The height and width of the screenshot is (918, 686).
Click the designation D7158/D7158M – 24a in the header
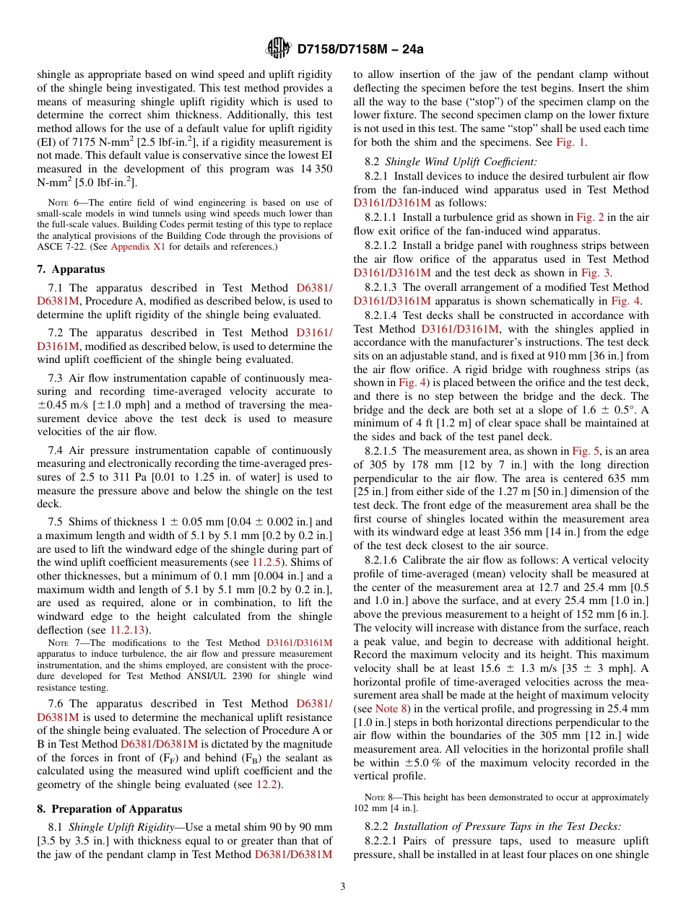click(x=360, y=49)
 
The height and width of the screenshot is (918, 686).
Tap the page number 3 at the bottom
click(x=343, y=887)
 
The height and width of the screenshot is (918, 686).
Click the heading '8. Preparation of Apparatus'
click(x=109, y=808)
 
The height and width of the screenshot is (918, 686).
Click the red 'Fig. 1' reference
click(x=571, y=142)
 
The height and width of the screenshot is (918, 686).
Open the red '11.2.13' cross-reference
click(x=126, y=629)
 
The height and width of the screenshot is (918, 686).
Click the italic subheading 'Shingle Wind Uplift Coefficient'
click(x=461, y=162)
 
